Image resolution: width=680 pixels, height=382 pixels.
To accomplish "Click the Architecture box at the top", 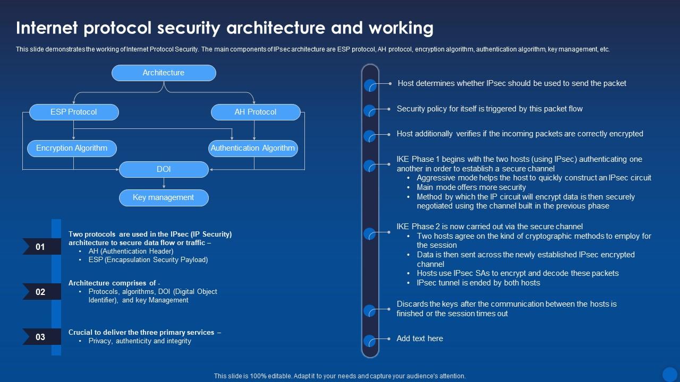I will coord(164,73).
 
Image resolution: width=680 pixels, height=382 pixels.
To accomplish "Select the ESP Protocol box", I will coord(74,112).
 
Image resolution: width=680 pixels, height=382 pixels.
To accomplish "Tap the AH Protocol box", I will coord(256,112).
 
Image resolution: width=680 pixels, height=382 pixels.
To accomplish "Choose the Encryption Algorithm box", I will coord(72,148).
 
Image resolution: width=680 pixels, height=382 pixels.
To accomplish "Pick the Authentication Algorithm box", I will coord(253,148).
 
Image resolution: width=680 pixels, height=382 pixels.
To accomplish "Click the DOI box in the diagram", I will coord(164,169).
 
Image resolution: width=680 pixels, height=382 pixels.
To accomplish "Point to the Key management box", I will coord(164,197).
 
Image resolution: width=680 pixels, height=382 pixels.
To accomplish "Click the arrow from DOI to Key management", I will coord(164,183).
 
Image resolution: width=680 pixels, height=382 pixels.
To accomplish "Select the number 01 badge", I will coord(41,247).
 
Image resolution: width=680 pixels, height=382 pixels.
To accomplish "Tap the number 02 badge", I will coord(41,292).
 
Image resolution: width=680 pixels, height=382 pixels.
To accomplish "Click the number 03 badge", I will coord(41,337).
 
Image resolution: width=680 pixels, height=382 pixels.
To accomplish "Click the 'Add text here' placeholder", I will coord(420,338).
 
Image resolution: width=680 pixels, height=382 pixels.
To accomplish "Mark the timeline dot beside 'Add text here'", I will coord(370,341).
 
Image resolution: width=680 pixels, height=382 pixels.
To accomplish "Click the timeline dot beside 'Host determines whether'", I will coord(370,85).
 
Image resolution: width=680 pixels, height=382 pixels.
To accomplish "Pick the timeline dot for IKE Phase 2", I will coord(370,233).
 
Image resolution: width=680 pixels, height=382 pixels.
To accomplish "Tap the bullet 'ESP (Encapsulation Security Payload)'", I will coord(148,260).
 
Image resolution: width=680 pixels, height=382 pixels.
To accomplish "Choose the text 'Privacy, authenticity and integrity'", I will coord(140,341).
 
